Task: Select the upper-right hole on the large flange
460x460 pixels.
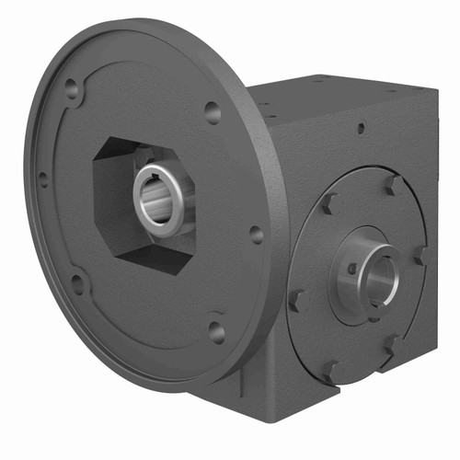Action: (x=213, y=113)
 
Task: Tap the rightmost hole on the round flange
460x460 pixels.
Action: (x=256, y=234)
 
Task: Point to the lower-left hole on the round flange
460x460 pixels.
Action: (x=79, y=281)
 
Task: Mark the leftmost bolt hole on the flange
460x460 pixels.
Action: (x=43, y=178)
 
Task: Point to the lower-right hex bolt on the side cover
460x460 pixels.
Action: (x=393, y=344)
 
